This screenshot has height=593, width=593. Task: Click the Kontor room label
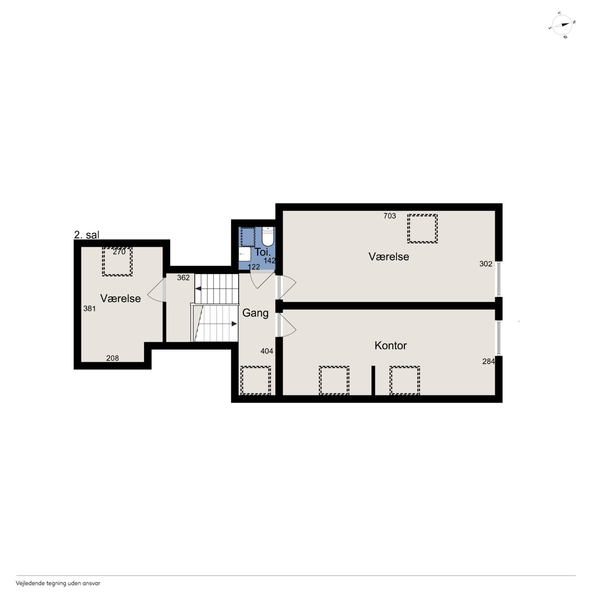(390, 346)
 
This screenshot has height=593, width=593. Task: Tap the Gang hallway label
(255, 313)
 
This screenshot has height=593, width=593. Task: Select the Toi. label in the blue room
(263, 252)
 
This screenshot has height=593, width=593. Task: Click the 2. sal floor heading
(87, 235)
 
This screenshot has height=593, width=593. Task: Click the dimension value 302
(486, 264)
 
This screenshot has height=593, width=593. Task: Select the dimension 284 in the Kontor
(489, 362)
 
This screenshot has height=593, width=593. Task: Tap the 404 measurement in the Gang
(267, 351)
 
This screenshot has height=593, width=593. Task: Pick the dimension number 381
(90, 309)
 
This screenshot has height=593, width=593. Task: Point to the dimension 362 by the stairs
(184, 277)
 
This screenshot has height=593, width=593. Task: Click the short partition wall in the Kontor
(373, 381)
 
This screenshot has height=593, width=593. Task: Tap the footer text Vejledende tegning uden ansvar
(58, 583)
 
